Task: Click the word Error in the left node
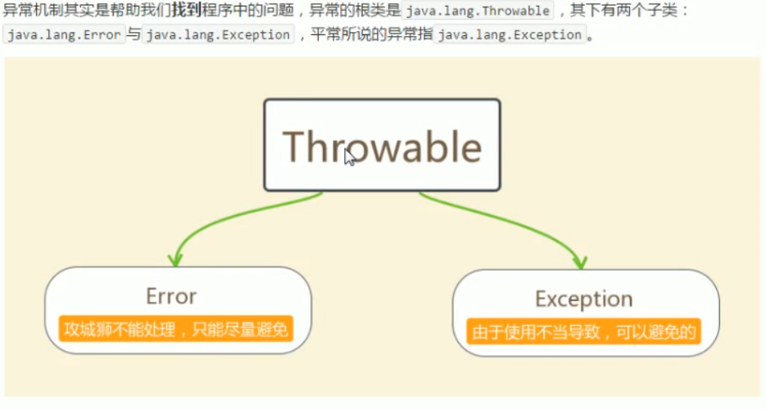(171, 295)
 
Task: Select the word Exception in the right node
(583, 299)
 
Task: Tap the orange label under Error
(176, 330)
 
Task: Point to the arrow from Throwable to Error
(229, 220)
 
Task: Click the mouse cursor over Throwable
(349, 156)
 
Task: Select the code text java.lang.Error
(64, 35)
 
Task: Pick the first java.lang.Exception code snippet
(218, 35)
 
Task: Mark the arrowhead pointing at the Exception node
(580, 263)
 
